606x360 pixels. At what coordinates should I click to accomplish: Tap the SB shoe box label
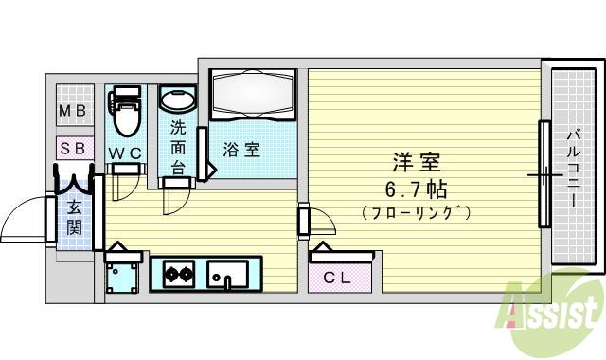tap(73, 149)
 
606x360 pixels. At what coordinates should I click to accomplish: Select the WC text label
tap(123, 152)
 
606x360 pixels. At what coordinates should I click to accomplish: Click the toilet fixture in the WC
tap(125, 112)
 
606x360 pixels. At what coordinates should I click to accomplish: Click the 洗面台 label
tap(178, 148)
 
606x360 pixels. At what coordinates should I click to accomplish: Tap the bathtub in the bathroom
tap(253, 97)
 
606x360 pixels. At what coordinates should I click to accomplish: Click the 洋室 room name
tap(417, 162)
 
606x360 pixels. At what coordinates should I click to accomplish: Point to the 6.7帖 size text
tap(417, 189)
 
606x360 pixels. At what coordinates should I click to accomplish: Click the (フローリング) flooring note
tap(417, 213)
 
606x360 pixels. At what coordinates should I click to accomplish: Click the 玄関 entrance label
tap(73, 217)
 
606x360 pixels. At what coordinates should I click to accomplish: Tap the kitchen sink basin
tap(228, 276)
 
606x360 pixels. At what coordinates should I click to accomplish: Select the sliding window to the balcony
tap(544, 174)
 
